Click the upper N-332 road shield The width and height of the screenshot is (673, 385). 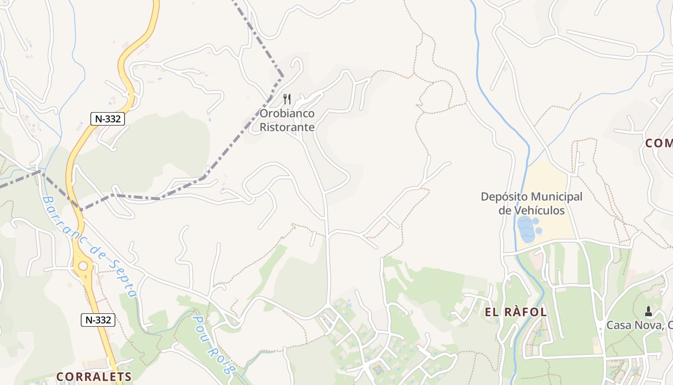click(x=108, y=119)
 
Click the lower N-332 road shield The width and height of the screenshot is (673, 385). click(x=98, y=320)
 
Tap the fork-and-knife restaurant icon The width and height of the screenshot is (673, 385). click(x=287, y=100)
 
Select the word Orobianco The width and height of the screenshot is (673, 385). click(x=287, y=114)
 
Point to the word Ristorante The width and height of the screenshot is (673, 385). click(x=287, y=127)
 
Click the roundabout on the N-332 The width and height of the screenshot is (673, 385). click(x=83, y=266)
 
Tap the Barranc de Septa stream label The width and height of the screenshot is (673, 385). click(x=89, y=245)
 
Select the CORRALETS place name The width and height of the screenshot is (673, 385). click(x=94, y=376)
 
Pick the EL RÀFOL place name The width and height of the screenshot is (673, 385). click(x=516, y=312)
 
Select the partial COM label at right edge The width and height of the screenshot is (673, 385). click(x=659, y=143)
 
